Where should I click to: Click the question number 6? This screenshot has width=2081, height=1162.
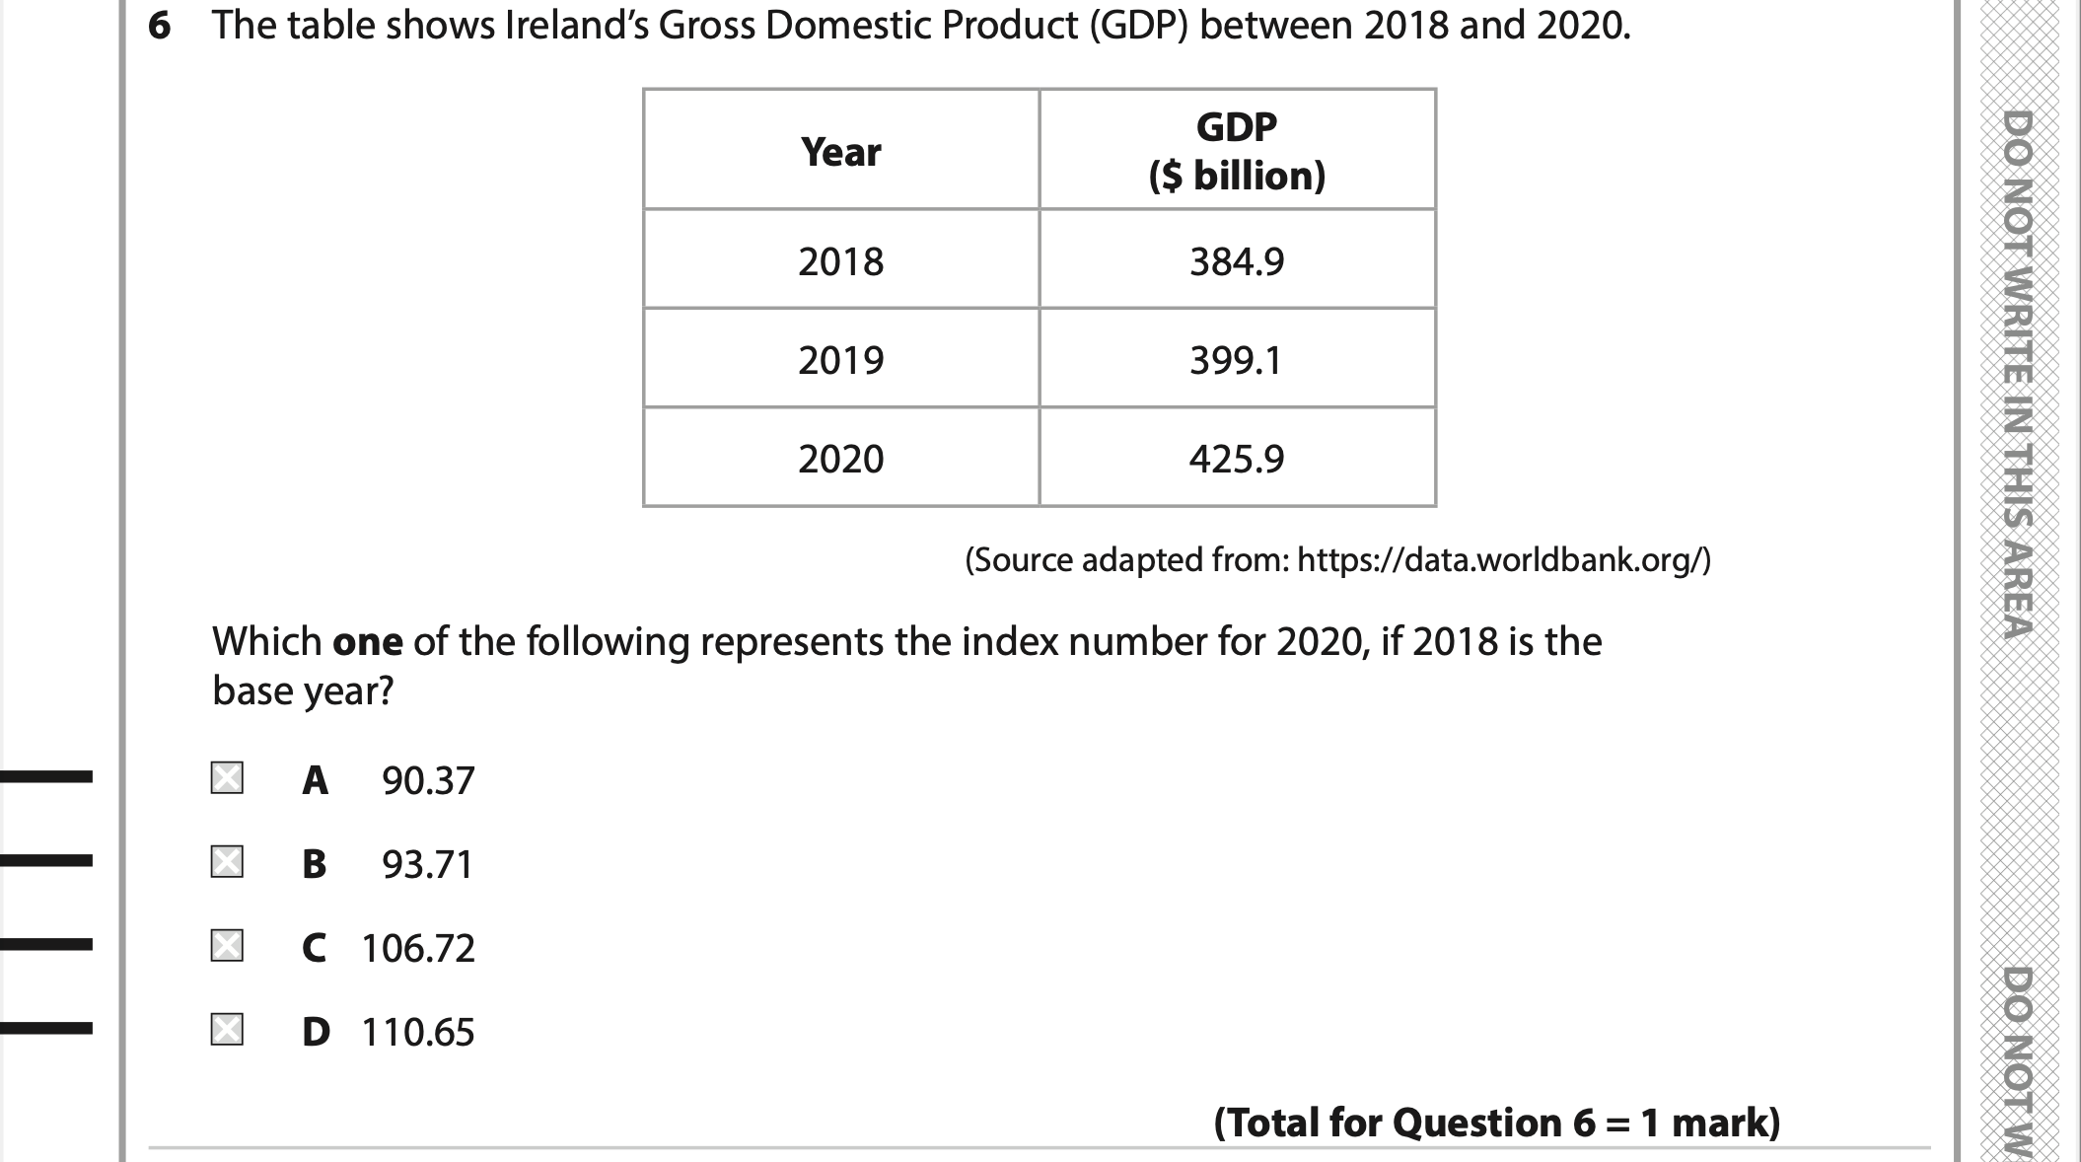[x=159, y=27]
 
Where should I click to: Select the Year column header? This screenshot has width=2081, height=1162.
[x=841, y=152]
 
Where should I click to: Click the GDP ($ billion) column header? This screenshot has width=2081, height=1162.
[x=1237, y=151]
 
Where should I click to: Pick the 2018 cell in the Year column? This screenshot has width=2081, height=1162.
[x=841, y=261]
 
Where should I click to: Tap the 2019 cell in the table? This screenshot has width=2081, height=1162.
[x=841, y=360]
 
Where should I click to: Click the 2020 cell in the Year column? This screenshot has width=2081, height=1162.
[x=841, y=459]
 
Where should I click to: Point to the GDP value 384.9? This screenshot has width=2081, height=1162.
[x=1237, y=261]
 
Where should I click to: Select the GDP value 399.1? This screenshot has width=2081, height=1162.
[x=1237, y=360]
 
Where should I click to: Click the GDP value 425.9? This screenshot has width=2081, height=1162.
[x=1237, y=459]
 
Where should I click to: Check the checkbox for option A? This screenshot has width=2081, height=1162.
[x=227, y=778]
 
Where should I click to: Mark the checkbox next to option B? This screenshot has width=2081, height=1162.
[x=227, y=862]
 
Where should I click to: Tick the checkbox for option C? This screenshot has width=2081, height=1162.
[x=227, y=946]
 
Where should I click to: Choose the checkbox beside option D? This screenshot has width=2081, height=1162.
[x=227, y=1030]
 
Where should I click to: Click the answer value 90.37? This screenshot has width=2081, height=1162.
[x=428, y=781]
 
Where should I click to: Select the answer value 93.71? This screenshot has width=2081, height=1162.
[x=428, y=865]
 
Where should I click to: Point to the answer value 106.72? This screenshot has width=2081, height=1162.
[x=418, y=949]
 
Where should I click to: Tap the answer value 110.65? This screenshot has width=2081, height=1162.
[x=418, y=1033]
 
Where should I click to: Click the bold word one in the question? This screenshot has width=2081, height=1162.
[x=368, y=642]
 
